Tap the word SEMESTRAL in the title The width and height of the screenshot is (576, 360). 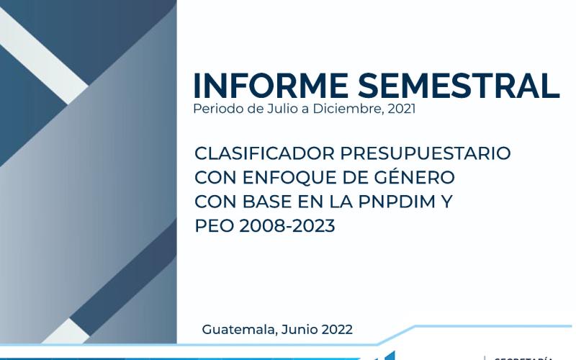click(459, 86)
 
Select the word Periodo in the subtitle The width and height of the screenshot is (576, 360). click(215, 110)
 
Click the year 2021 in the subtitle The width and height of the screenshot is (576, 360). click(400, 110)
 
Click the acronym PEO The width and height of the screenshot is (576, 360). click(211, 226)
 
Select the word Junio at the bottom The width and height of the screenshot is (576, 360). click(296, 330)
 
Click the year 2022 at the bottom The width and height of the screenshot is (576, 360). click(336, 330)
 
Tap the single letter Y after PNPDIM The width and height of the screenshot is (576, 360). click(447, 202)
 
